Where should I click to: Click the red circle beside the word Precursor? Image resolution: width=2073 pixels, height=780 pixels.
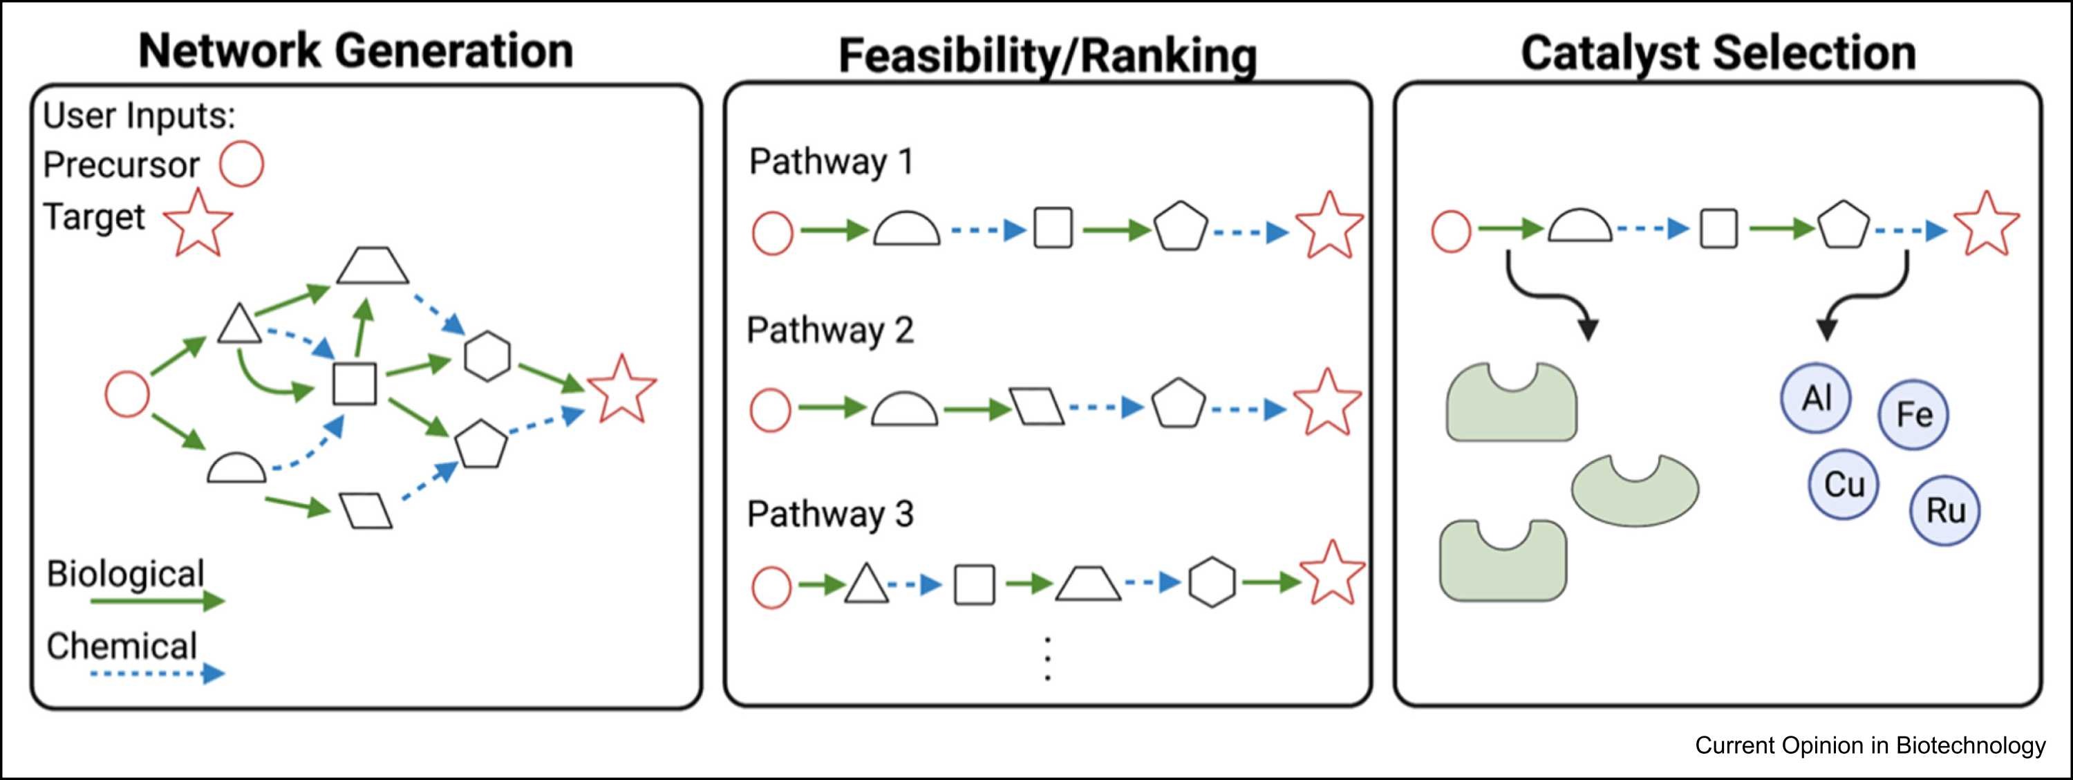(x=241, y=164)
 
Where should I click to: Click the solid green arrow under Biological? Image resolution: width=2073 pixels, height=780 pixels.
(x=158, y=600)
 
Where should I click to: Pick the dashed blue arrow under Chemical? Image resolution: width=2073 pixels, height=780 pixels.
(x=158, y=673)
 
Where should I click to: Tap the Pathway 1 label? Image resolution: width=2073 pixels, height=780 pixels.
(x=832, y=162)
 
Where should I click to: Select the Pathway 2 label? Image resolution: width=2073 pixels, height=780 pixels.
(x=829, y=331)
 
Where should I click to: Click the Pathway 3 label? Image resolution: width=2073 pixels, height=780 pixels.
(x=829, y=514)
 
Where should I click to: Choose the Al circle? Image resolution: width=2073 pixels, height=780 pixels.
(x=1815, y=398)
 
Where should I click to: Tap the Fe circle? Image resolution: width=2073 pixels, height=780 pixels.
(x=1913, y=415)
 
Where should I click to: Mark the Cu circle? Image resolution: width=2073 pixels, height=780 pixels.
(x=1843, y=485)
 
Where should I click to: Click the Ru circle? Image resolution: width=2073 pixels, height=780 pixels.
(x=1945, y=510)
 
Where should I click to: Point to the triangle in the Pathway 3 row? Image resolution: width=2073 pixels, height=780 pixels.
(x=867, y=584)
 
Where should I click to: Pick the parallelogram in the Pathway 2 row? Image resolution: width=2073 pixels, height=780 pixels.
(x=1038, y=407)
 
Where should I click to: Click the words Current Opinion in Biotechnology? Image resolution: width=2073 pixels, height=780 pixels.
(x=1869, y=745)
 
